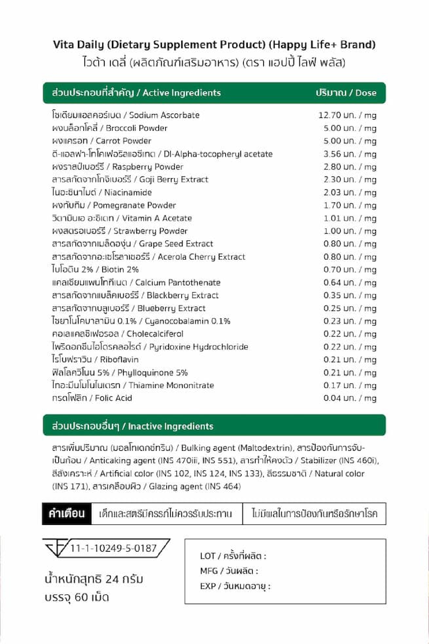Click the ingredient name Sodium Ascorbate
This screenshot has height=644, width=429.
[x=164, y=115]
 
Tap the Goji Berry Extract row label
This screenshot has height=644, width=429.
[x=173, y=180]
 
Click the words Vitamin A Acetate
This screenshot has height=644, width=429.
[x=157, y=218]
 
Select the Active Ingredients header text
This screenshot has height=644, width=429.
[x=182, y=93]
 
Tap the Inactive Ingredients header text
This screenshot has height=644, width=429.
[x=171, y=426]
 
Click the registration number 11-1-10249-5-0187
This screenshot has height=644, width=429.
[x=113, y=548]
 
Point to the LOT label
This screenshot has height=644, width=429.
[x=208, y=556]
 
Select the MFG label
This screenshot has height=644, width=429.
[x=209, y=571]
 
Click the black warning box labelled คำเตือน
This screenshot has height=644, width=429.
[x=67, y=513]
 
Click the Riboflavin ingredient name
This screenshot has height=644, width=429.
[x=119, y=359]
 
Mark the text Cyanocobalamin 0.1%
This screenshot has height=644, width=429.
[x=187, y=321]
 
